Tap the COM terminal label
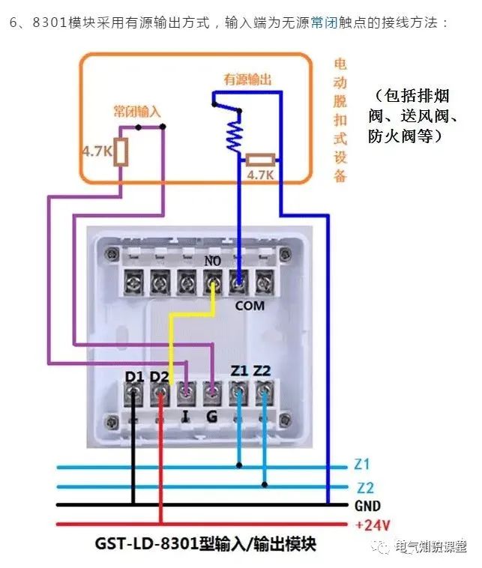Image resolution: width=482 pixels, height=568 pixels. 250,306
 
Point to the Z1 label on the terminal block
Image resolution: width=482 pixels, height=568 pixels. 239,369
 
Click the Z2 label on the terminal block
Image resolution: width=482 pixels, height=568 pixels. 262,369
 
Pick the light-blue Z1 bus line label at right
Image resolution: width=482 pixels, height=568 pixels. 362,465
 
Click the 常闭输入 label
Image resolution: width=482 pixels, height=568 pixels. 137,111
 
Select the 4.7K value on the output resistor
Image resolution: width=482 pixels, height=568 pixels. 261,175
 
